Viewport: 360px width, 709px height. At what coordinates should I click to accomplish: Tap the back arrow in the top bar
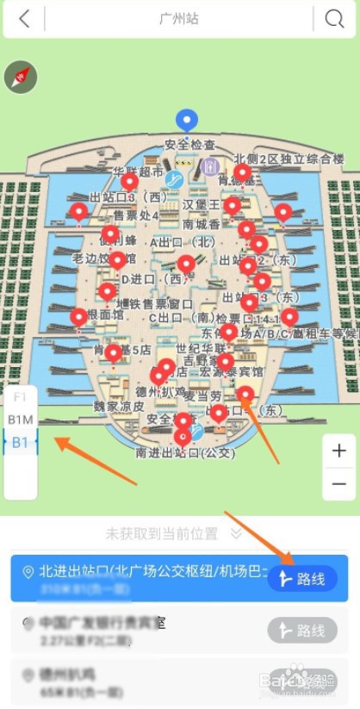tap(24, 19)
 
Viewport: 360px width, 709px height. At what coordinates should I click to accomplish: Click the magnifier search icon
tap(333, 19)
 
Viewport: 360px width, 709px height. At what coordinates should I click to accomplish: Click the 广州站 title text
tap(179, 19)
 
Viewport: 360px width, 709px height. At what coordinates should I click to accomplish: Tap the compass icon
tap(20, 78)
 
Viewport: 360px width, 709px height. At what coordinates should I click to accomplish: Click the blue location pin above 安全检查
tap(186, 121)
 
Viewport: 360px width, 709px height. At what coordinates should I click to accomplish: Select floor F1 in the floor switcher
tap(20, 397)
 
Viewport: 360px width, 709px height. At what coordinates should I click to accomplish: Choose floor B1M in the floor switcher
tap(20, 420)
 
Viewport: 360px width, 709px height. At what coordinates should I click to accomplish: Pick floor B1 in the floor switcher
tap(20, 442)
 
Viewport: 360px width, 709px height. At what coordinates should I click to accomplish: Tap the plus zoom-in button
tap(338, 451)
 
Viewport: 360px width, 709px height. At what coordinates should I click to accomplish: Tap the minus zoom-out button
tap(338, 483)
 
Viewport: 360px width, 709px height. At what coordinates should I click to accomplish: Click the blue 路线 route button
tap(301, 579)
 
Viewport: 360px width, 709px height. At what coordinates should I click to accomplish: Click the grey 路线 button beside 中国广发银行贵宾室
tap(301, 631)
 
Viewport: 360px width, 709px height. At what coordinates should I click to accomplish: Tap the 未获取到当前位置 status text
tap(162, 534)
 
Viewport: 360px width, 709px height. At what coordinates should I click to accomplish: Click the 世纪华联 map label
tap(200, 346)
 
